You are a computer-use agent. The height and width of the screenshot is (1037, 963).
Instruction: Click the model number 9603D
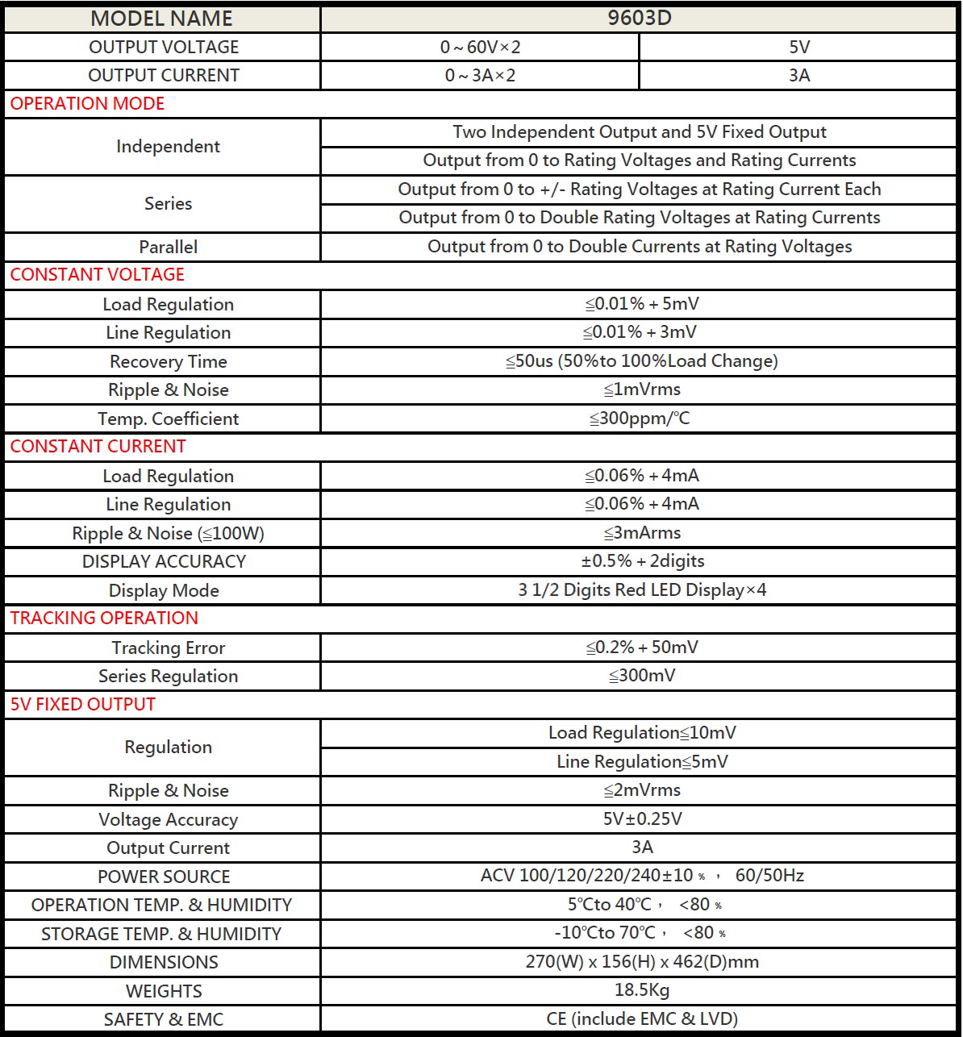pyautogui.click(x=639, y=19)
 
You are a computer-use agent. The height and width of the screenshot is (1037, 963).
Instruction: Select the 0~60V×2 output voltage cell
pyautogui.click(x=480, y=48)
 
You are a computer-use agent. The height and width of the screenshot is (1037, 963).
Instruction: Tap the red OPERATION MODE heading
pyautogui.click(x=87, y=104)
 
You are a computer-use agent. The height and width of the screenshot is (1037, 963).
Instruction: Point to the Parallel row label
pyautogui.click(x=168, y=247)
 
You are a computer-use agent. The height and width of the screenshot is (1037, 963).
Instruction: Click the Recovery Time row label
pyautogui.click(x=168, y=361)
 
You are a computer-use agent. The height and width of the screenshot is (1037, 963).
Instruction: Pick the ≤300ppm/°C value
pyautogui.click(x=640, y=419)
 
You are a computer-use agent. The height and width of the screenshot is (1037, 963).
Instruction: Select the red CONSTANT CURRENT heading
pyautogui.click(x=98, y=447)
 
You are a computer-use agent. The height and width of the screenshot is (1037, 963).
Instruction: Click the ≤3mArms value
pyautogui.click(x=642, y=533)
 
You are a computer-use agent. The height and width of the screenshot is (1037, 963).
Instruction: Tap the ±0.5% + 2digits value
pyautogui.click(x=642, y=561)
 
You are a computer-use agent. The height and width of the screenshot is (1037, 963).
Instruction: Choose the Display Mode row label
pyautogui.click(x=164, y=590)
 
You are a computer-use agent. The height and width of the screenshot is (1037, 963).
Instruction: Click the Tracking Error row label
pyautogui.click(x=168, y=648)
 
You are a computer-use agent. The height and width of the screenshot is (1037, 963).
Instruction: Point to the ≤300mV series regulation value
pyautogui.click(x=642, y=676)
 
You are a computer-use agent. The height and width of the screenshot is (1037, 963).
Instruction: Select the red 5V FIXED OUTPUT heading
pyautogui.click(x=82, y=705)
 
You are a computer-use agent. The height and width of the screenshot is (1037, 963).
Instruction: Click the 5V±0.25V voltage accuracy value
pyautogui.click(x=642, y=819)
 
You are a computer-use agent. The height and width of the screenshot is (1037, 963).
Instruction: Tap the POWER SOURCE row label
pyautogui.click(x=164, y=877)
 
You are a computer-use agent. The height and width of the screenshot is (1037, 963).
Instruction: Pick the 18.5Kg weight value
pyautogui.click(x=642, y=990)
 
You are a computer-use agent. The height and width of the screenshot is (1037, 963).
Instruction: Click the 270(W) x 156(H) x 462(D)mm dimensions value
pyautogui.click(x=642, y=962)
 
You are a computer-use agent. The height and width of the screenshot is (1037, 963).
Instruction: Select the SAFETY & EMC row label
pyautogui.click(x=164, y=1019)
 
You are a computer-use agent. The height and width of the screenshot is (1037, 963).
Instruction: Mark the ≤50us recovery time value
pyautogui.click(x=642, y=361)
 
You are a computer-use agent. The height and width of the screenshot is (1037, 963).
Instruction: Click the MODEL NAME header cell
pyautogui.click(x=161, y=19)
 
